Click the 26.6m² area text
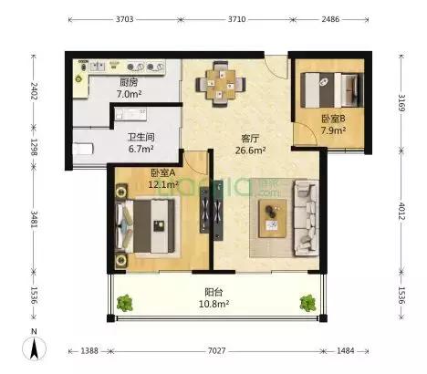pyautogui.click(x=251, y=151)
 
